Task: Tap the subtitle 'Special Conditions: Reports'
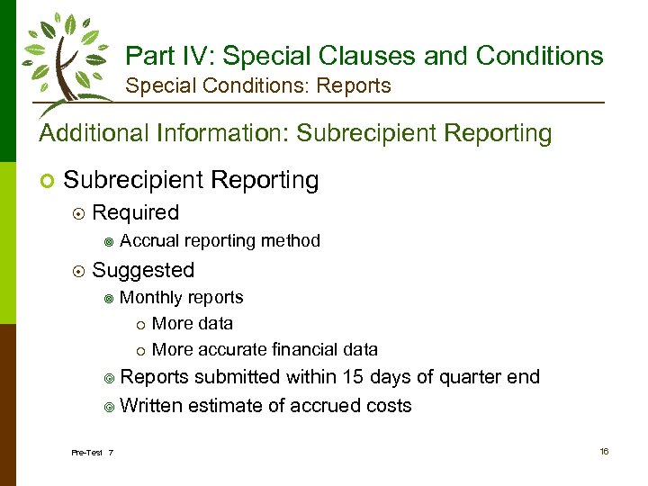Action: click(258, 86)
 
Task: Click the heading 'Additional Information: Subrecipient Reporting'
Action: click(295, 133)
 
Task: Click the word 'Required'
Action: click(136, 213)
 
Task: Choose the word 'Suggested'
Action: click(143, 270)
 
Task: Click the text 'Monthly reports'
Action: click(181, 298)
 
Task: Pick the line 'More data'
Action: click(193, 324)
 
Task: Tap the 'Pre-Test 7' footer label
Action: click(92, 452)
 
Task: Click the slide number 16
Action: click(604, 451)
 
